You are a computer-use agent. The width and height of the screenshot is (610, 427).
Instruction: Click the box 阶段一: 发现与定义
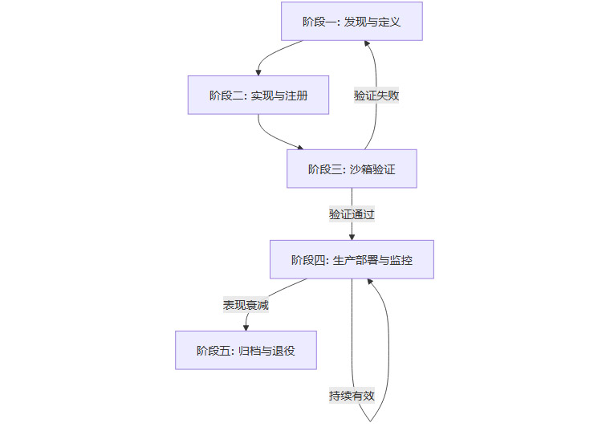point(352,21)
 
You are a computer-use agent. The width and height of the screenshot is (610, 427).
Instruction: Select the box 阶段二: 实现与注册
point(258,95)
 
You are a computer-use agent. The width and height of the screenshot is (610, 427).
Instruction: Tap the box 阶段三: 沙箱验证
point(352,169)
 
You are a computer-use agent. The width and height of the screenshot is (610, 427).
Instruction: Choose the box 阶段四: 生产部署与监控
point(352,259)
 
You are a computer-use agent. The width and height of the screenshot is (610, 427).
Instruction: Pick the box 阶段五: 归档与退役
point(246,350)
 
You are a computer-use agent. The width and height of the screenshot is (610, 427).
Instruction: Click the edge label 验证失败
point(376,95)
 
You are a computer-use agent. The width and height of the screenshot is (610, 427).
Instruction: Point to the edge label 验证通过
point(352,214)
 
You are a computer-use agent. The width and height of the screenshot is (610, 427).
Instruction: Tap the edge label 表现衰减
point(246,305)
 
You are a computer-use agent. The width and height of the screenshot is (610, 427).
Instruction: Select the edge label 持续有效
point(352,395)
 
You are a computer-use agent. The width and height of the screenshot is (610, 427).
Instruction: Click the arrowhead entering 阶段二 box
point(258,71)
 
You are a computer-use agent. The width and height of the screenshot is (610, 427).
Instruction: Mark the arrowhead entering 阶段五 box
point(246,327)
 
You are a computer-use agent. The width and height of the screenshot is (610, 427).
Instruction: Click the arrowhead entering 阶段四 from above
point(352,236)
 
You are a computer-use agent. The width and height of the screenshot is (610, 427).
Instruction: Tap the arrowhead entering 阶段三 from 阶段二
point(301,147)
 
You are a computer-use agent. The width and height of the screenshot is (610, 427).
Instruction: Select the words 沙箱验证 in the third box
point(372,169)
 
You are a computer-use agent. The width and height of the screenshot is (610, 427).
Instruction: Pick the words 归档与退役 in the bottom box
point(266,351)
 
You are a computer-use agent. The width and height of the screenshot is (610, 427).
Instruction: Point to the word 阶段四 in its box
point(307,260)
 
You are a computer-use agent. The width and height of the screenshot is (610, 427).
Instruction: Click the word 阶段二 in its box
point(226,96)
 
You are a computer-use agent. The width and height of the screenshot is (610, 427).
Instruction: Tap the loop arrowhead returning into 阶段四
point(369,283)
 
